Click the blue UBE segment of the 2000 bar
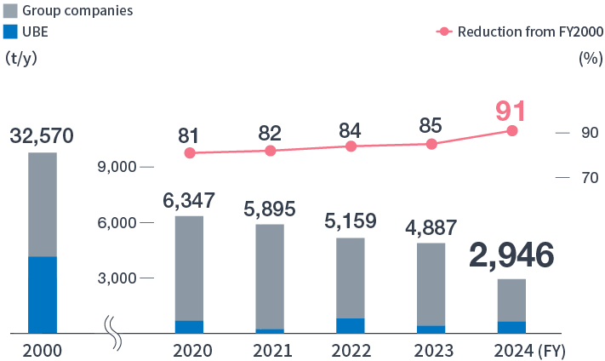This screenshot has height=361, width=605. tap(43, 294)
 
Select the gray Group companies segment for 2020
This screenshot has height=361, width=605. tap(189, 268)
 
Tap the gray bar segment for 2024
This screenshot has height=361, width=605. tap(511, 300)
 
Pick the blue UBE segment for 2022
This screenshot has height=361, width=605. tap(351, 325)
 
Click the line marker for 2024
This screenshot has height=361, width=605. tap(512, 130)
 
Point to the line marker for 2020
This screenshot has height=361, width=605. tap(189, 153)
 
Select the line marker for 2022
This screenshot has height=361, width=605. tap(351, 146)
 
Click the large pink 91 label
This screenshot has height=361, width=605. tap(511, 111)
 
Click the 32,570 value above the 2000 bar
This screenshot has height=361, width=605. tap(43, 135)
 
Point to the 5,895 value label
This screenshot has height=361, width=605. tap(270, 209)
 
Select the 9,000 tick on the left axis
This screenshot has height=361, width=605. tap(118, 167)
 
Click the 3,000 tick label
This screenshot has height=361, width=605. tap(118, 278)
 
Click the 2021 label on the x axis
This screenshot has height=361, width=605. tap(270, 351)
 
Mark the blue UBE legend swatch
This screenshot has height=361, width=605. tap(11, 32)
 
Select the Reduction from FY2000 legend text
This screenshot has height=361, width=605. tap(530, 32)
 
